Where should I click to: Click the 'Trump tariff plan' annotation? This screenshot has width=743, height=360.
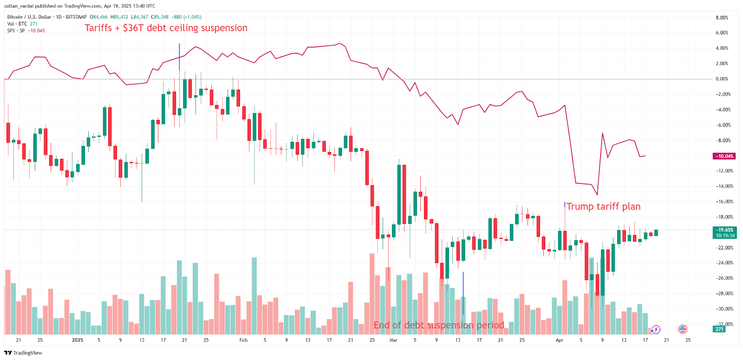tap(603, 207)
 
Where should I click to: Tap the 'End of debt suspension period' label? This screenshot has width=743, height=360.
tap(439, 325)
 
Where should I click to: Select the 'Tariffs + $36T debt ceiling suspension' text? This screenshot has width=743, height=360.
tap(166, 28)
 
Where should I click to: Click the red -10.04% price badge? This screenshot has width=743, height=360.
tap(724, 156)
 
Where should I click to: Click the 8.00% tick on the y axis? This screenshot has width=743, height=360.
tap(722, 18)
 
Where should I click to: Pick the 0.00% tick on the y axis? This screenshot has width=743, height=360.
tap(722, 79)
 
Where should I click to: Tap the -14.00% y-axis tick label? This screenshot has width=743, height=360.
tap(723, 186)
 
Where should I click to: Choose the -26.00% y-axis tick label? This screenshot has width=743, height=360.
tap(723, 278)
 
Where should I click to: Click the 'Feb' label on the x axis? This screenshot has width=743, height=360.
tap(243, 340)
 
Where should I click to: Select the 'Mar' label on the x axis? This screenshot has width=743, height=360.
tap(393, 340)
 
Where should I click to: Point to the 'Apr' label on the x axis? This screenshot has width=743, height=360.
tap(560, 340)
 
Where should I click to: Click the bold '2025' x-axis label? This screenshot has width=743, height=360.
tap(78, 340)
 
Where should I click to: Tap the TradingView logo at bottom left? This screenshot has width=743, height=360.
tap(23, 353)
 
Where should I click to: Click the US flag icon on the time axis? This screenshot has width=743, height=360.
tap(682, 329)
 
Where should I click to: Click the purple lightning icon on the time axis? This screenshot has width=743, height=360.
tap(655, 330)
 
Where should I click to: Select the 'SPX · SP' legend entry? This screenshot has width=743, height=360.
tap(16, 31)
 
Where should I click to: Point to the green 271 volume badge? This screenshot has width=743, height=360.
tap(719, 329)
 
